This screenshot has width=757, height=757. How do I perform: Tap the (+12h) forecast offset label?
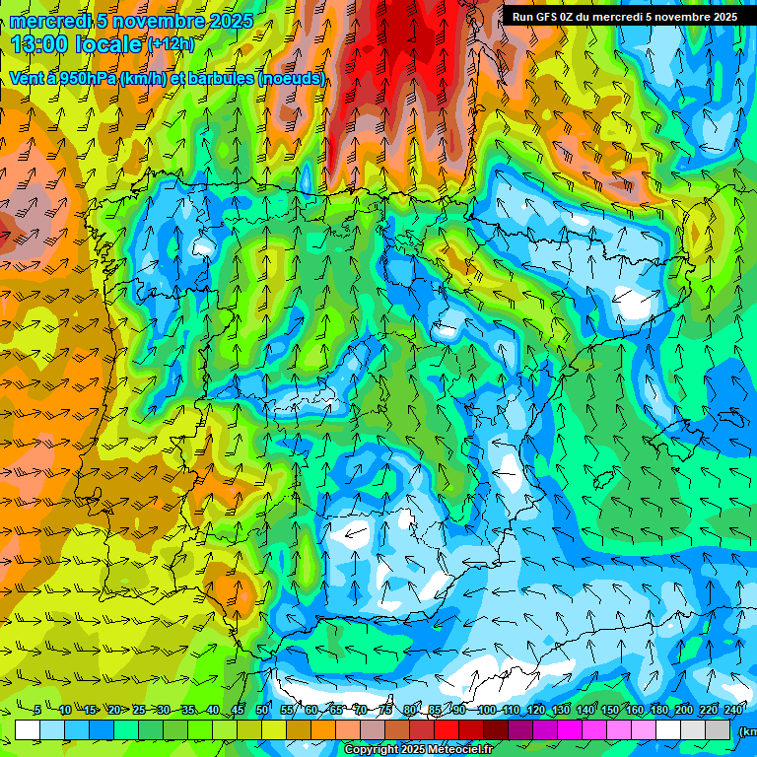pos(171,43)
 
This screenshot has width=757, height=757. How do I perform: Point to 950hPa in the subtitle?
pos(88,78)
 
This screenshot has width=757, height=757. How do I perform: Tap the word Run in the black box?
pos(523,17)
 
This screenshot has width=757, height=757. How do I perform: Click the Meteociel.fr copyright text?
pos(463,750)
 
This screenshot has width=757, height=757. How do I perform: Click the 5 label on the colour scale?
pos(36,710)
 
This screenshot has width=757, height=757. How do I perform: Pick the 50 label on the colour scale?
pos(261,710)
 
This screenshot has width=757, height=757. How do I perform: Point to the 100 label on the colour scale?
pos(486,710)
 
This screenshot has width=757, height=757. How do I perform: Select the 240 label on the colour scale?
pos(733,710)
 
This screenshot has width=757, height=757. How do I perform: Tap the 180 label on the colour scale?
pos(658,710)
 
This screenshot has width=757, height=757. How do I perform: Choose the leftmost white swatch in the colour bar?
pos(28,729)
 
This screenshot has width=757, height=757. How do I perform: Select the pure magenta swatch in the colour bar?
pos(572,729)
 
